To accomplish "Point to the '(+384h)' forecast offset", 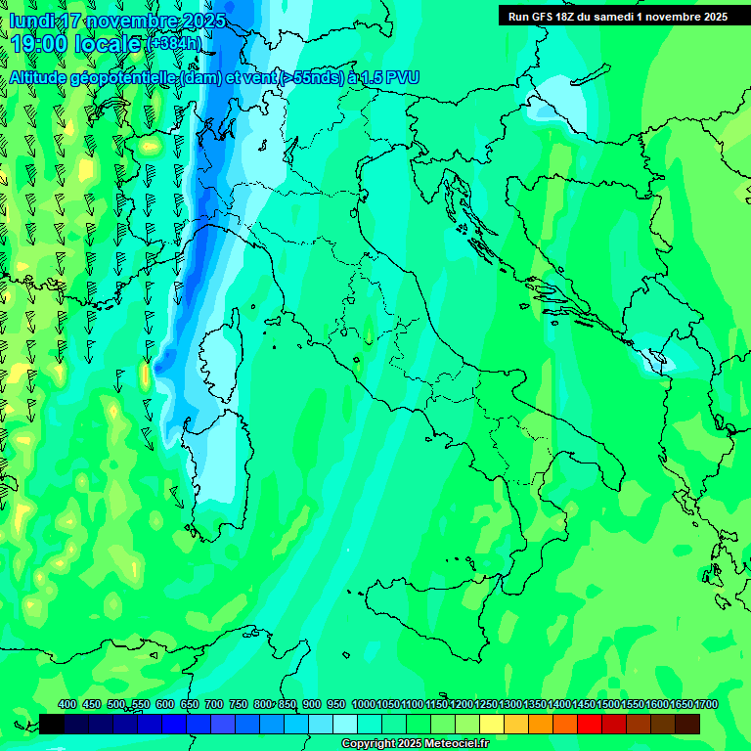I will click(174, 44).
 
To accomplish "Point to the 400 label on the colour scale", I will click(67, 705).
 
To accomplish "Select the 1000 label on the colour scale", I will click(363, 705).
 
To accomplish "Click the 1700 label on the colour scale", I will click(705, 705).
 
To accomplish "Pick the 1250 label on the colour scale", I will click(485, 705).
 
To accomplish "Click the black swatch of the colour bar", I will click(52, 724).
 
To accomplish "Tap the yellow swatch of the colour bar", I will click(491, 724).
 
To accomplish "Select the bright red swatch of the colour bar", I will click(589, 724).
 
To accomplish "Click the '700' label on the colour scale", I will click(214, 705).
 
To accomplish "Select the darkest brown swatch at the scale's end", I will click(686, 724).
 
